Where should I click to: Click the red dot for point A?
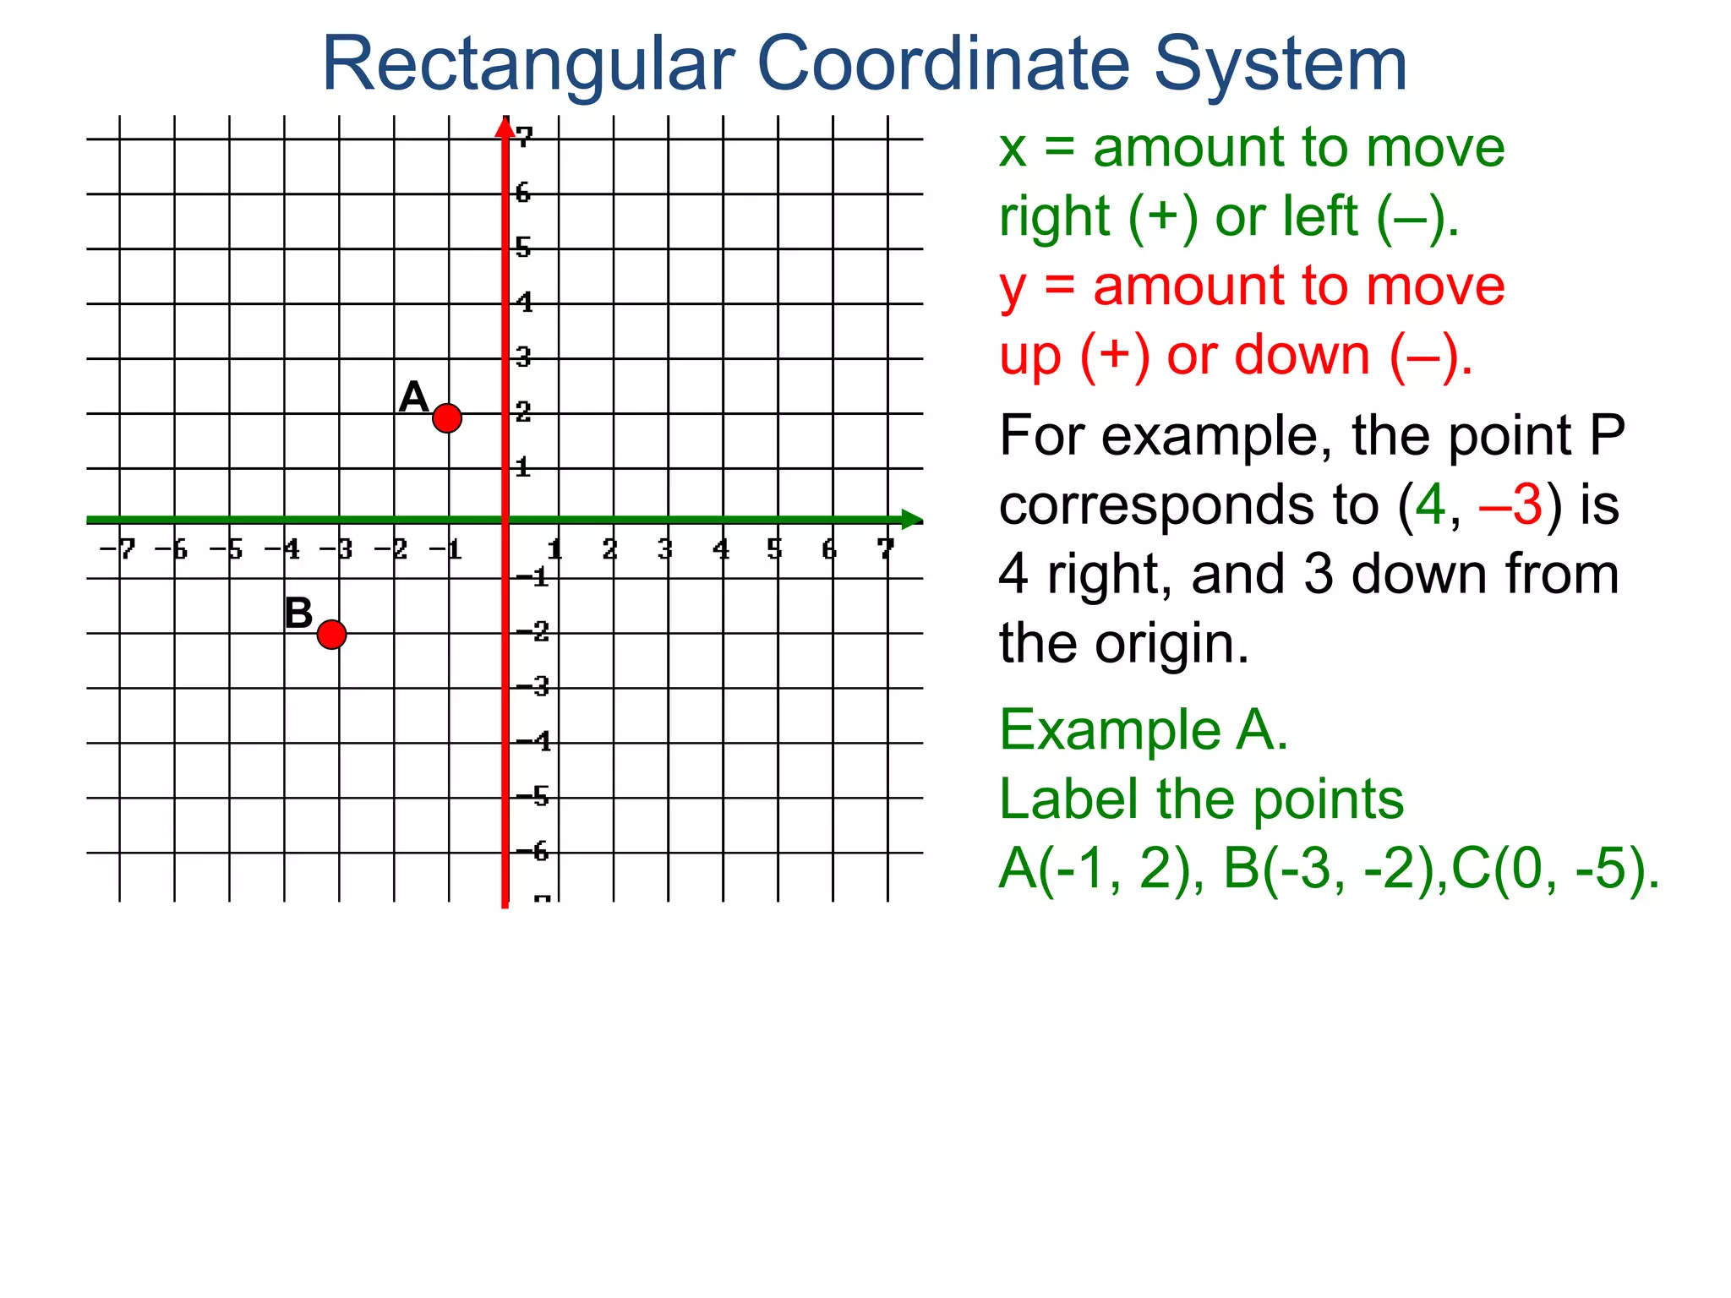pos(446,417)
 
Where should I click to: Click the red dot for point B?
pos(331,634)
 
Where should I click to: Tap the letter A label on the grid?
pos(413,396)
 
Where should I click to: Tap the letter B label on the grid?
pos(298,613)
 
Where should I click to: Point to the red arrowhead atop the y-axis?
pos(505,127)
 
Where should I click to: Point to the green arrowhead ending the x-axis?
pos(911,520)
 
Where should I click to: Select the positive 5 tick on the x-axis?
pos(775,550)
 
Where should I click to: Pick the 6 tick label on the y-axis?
pos(523,194)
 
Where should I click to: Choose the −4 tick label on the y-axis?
pos(533,742)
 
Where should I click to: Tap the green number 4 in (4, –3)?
pos(1430,504)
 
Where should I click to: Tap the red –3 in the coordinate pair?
pos(1511,504)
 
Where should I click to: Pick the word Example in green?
pos(1110,729)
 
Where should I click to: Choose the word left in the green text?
pos(1319,216)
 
